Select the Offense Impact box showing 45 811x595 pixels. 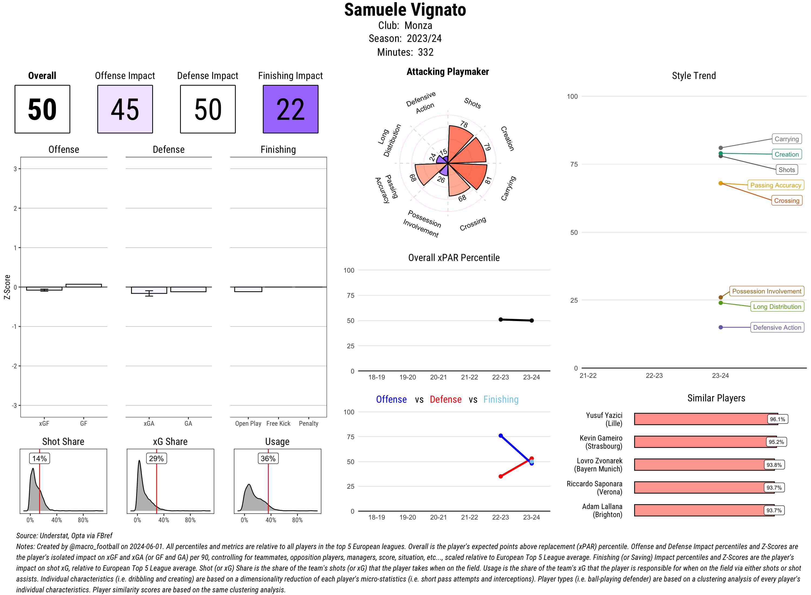click(125, 109)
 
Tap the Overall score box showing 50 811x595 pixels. click(42, 109)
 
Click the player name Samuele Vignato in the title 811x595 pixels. click(405, 10)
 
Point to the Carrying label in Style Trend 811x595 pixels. click(786, 139)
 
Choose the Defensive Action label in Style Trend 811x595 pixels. click(777, 328)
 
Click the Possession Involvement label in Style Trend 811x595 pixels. click(766, 291)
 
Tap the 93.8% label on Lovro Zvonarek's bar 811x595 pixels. click(774, 465)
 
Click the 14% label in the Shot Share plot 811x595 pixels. click(39, 458)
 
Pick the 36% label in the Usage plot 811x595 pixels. click(268, 458)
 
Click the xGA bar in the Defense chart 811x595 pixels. click(149, 290)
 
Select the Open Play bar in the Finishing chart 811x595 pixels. click(248, 289)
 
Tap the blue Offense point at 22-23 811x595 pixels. click(500, 436)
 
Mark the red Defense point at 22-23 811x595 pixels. click(500, 477)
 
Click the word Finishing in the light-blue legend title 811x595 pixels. click(501, 399)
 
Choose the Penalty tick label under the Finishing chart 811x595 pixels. click(308, 424)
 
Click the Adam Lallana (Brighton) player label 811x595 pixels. click(602, 510)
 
